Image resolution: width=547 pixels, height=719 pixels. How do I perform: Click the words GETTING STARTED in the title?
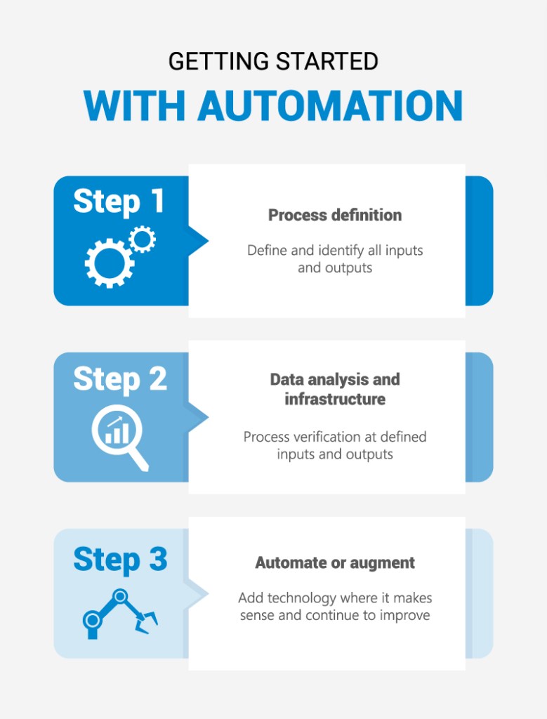click(273, 62)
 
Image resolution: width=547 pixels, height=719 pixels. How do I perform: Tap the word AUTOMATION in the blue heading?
click(329, 106)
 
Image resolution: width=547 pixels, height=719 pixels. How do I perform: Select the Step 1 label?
click(119, 202)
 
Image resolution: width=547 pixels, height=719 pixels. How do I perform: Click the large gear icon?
click(110, 263)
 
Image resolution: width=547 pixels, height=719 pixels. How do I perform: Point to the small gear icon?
click(142, 239)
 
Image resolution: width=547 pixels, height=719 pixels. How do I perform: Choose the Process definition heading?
click(335, 215)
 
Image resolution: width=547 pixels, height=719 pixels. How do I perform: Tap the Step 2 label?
click(120, 380)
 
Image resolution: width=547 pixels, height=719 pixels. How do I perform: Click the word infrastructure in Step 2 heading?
click(335, 399)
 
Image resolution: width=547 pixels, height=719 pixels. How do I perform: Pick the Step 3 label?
click(120, 560)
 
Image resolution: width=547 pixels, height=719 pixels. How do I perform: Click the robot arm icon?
click(120, 614)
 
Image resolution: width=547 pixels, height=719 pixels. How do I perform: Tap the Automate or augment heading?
click(335, 562)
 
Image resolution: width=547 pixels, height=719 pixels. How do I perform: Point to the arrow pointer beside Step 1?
click(198, 241)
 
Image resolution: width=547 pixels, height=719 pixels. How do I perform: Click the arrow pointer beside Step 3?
click(198, 594)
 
